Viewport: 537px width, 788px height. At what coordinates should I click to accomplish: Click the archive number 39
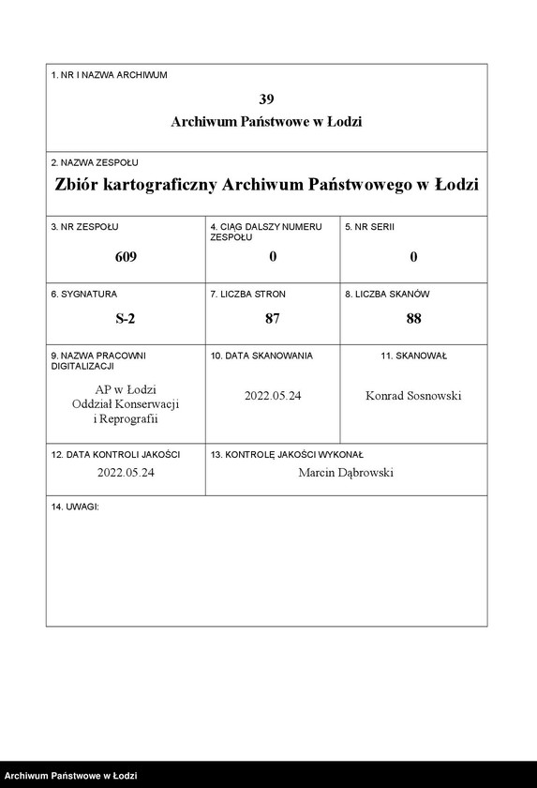[266, 98]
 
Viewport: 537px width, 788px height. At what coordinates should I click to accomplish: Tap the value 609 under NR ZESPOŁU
[126, 257]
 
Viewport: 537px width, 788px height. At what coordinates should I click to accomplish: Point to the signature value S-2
[126, 318]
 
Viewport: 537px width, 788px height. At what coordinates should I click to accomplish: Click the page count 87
[273, 318]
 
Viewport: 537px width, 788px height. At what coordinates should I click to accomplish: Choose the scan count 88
[413, 318]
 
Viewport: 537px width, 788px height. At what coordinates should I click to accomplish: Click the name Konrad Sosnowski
[413, 396]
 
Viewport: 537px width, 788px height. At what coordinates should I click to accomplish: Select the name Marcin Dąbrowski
[346, 473]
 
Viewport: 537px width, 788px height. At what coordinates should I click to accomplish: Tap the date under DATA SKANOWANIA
[273, 396]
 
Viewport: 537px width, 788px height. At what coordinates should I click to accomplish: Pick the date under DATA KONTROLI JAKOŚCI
[126, 473]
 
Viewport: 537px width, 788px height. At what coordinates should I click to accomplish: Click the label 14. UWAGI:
[75, 507]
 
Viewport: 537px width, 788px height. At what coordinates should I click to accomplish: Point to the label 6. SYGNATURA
[84, 294]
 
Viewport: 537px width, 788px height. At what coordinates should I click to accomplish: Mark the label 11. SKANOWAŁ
[413, 356]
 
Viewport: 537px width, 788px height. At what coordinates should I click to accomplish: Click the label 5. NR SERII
[370, 226]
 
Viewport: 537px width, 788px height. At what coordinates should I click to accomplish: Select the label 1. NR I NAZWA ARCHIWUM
[109, 75]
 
